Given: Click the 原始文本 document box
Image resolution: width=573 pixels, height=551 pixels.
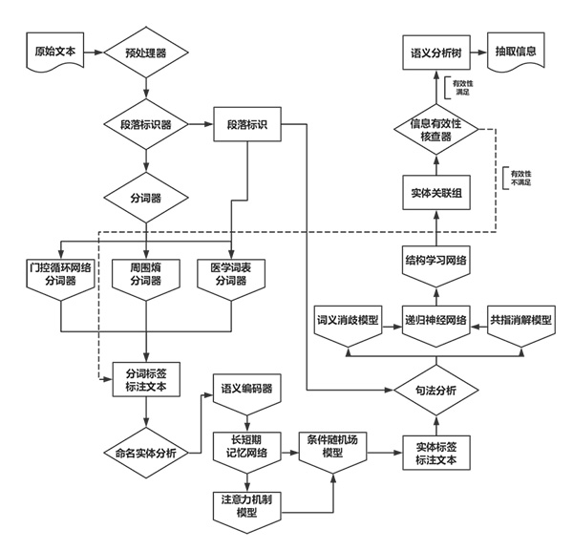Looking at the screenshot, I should pyautogui.click(x=53, y=51).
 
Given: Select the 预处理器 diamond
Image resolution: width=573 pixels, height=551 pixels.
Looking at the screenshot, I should pyautogui.click(x=145, y=52).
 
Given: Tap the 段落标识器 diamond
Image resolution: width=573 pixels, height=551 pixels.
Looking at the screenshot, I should pyautogui.click(x=145, y=124).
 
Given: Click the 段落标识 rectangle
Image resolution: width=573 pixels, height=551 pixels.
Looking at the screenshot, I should pyautogui.click(x=246, y=124).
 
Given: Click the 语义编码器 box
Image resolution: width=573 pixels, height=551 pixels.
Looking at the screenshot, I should pyautogui.click(x=247, y=389).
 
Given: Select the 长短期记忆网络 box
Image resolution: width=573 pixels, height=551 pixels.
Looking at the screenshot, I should pyautogui.click(x=247, y=444).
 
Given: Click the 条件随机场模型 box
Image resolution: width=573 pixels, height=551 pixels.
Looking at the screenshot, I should pyautogui.click(x=332, y=444).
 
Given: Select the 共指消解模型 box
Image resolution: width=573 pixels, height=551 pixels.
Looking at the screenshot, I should pyautogui.click(x=520, y=320).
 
